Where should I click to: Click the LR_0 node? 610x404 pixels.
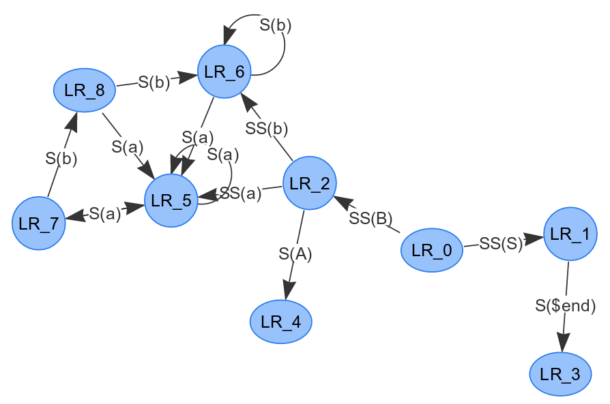[x=432, y=250]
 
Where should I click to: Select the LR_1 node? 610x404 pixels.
[x=570, y=233]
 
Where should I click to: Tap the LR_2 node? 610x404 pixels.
[x=309, y=183]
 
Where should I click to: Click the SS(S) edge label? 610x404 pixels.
[x=502, y=243]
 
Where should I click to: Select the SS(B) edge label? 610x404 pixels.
[x=371, y=218]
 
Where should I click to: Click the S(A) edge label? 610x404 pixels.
[x=295, y=253]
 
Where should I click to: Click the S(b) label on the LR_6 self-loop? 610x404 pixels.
[x=276, y=26]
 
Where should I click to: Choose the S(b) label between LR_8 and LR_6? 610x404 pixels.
[x=154, y=82]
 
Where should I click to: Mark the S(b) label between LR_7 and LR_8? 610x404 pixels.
[x=61, y=159]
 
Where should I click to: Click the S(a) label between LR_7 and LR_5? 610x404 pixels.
[x=105, y=213]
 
